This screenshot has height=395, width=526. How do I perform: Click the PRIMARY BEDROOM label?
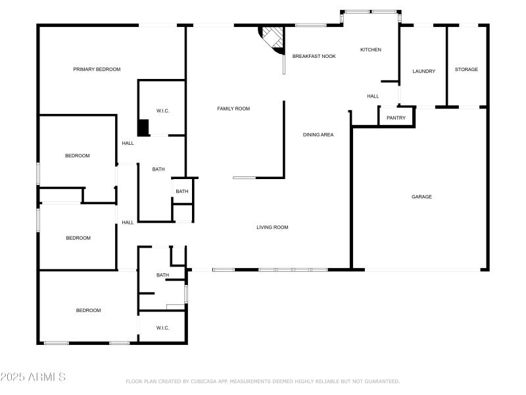tap(97, 69)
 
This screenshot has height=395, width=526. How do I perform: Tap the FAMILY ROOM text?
tap(233, 109)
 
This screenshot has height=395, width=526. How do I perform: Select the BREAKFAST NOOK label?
tap(314, 57)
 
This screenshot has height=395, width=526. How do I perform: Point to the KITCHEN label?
tap(370, 50)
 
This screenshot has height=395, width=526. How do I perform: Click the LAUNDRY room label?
tap(423, 71)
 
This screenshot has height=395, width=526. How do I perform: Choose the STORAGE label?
tap(466, 69)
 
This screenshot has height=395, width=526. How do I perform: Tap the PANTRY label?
tap(396, 118)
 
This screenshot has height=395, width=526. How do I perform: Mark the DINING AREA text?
tap(318, 135)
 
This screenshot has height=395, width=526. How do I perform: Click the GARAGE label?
tap(421, 196)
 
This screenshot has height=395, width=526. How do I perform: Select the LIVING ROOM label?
tap(272, 227)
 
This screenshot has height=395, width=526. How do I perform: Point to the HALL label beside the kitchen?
tap(373, 96)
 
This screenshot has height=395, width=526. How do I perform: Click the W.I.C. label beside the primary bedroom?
tap(162, 111)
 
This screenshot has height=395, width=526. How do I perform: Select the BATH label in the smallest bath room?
tap(181, 192)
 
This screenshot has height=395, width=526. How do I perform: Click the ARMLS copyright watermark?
tap(33, 377)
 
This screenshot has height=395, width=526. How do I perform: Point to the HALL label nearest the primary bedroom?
tap(128, 143)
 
